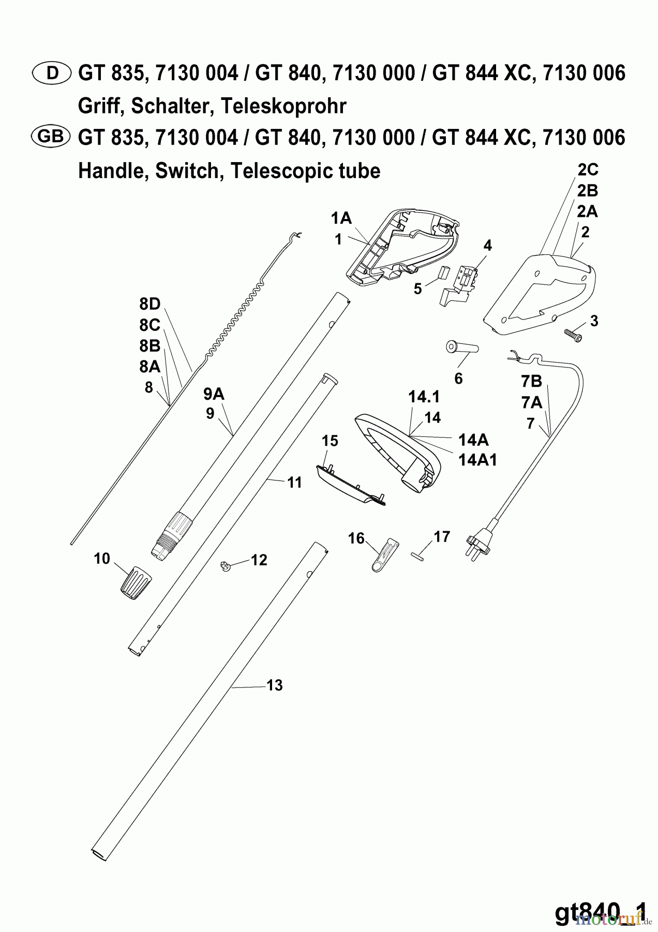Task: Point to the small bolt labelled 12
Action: pyautogui.click(x=226, y=565)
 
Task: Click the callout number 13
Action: pyautogui.click(x=275, y=686)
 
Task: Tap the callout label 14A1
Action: pyautogui.click(x=477, y=459)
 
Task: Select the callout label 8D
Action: pyautogui.click(x=149, y=304)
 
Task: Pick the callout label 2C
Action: pyautogui.click(x=587, y=170)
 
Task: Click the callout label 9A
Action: pyautogui.click(x=214, y=395)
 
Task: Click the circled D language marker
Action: pyautogui.click(x=52, y=74)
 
